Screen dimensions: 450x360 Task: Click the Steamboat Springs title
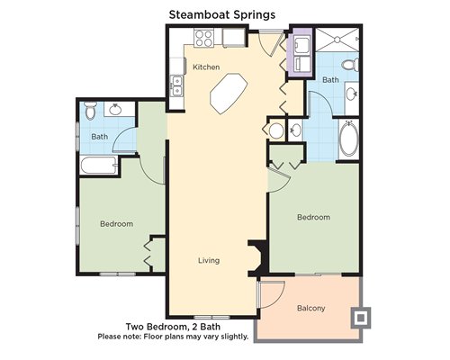(222, 15)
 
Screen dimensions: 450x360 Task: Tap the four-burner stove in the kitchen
(203, 38)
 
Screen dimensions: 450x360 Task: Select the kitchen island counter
(229, 94)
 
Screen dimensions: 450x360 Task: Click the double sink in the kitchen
(176, 85)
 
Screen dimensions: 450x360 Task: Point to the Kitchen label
(206, 67)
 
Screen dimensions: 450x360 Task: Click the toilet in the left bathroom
(90, 111)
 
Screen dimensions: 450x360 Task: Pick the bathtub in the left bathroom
(99, 165)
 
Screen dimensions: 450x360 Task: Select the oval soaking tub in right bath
(349, 139)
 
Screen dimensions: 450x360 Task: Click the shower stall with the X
(337, 40)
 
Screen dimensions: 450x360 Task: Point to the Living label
(209, 260)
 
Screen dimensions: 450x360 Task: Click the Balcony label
(310, 308)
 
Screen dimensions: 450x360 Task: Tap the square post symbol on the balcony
(361, 318)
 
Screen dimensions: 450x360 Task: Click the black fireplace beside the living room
(257, 258)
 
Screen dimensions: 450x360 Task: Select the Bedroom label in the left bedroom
(116, 224)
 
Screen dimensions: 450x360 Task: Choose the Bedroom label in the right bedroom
(313, 217)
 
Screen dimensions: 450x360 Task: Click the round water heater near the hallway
(276, 130)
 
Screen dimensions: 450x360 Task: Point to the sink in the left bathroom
(115, 110)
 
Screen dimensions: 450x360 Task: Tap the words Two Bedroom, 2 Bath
(173, 327)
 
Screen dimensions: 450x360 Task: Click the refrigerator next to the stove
(233, 38)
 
